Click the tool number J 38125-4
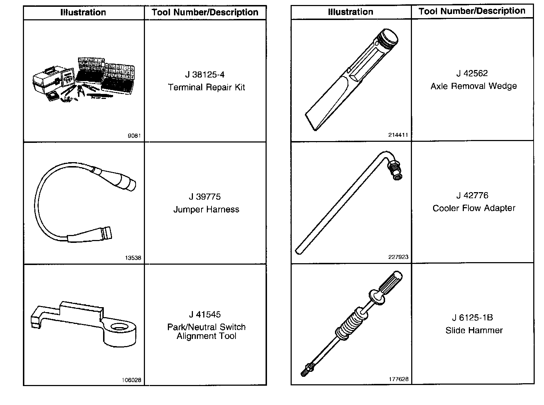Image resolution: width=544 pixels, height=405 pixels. (205, 75)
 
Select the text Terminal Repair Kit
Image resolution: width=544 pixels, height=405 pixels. (207, 87)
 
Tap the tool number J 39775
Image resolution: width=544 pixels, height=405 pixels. (205, 197)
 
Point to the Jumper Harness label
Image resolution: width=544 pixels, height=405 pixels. (206, 209)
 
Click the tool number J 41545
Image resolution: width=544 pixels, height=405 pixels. (205, 314)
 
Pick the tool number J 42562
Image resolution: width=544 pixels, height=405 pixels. (472, 73)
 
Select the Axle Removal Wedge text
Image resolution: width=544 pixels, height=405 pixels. (473, 86)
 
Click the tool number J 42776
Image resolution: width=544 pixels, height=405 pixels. (472, 195)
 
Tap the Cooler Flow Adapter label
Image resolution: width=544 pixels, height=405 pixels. (474, 208)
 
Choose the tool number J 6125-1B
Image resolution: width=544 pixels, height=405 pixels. (472, 317)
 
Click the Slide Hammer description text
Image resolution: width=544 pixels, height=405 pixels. (474, 330)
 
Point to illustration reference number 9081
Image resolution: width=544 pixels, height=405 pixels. (134, 136)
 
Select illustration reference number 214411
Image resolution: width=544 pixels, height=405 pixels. (398, 135)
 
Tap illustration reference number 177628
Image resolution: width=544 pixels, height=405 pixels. (398, 379)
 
